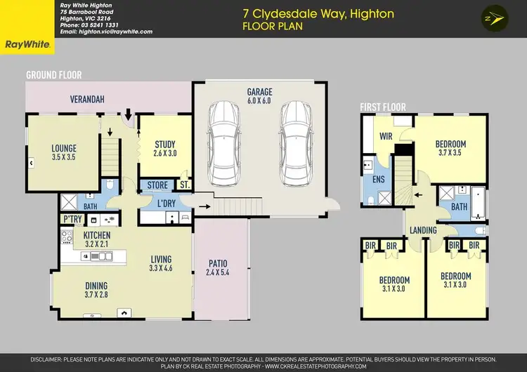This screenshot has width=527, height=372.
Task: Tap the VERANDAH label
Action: (x=87, y=100)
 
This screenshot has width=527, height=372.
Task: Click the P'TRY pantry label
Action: (x=70, y=220)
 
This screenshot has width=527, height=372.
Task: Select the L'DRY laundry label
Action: (x=166, y=203)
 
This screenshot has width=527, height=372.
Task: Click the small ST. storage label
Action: (x=184, y=185)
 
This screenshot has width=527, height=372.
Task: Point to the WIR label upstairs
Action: (x=386, y=136)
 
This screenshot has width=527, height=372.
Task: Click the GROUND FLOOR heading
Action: (x=54, y=74)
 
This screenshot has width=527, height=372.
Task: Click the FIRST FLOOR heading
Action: (x=382, y=107)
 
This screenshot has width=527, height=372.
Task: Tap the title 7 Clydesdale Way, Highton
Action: (x=318, y=13)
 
